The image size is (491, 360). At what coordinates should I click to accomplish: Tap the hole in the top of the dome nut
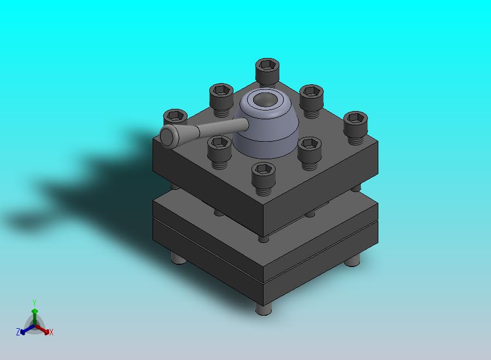264,100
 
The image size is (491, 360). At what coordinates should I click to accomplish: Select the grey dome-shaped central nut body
266,129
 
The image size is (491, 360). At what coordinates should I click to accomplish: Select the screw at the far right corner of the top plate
355,127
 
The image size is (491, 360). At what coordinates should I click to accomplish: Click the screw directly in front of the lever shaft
219,152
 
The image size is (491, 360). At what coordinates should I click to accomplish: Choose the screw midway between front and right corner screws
309,153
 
